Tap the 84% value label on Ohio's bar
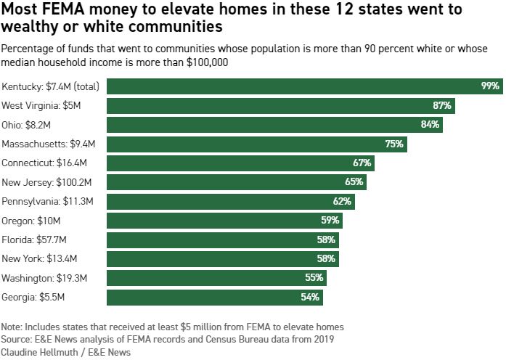[x=430, y=125]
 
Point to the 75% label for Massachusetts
[x=394, y=144]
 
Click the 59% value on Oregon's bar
[x=330, y=220]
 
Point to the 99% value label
[x=490, y=86]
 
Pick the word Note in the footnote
[x=12, y=327]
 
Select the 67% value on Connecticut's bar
[x=362, y=163]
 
